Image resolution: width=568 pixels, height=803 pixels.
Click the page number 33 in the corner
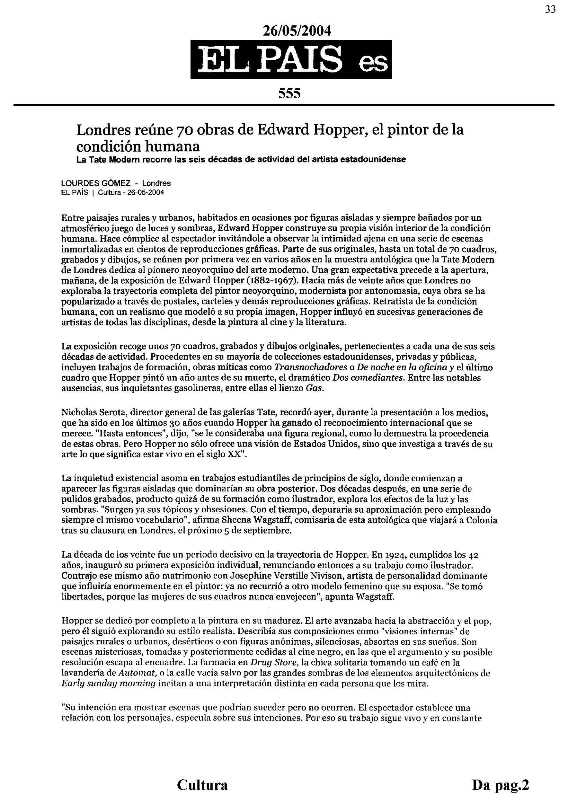pyautogui.click(x=550, y=9)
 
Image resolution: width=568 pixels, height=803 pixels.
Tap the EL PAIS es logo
pyautogui.click(x=291, y=59)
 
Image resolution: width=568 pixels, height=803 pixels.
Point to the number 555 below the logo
pyautogui.click(x=289, y=93)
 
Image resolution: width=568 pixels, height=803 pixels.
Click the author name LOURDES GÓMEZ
pyautogui.click(x=96, y=183)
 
